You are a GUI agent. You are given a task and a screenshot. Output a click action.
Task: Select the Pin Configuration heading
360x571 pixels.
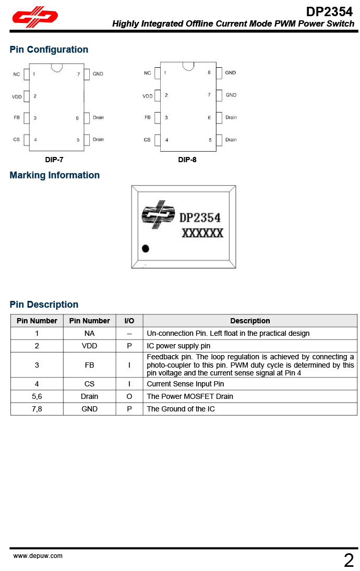49,50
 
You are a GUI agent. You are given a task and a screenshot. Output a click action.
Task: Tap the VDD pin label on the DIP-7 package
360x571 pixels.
17,96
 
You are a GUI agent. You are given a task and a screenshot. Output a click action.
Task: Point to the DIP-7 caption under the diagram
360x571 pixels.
54,160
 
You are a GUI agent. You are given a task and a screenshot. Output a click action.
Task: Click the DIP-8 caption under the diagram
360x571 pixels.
187,160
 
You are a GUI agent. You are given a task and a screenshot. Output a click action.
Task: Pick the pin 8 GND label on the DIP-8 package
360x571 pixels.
231,72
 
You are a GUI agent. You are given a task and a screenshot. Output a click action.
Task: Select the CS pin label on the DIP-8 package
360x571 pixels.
147,140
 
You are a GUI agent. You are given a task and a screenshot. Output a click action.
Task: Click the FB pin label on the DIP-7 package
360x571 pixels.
17,118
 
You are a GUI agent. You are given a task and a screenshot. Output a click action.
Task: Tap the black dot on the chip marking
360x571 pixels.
146,249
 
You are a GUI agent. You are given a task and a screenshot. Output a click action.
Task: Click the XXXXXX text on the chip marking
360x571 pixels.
202,233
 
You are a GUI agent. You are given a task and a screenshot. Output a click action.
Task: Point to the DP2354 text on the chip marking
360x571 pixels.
200,217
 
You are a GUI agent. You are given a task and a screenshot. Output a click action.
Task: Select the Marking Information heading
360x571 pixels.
55,175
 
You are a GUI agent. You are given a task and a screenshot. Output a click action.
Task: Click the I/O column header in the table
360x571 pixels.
129,321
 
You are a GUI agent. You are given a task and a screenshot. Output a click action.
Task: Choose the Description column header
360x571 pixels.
250,321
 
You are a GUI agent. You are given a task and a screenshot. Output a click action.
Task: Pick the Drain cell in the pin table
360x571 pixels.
89,396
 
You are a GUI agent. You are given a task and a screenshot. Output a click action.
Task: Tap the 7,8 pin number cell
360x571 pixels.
37,409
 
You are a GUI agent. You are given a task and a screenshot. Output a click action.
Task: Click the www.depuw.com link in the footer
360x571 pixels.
38,556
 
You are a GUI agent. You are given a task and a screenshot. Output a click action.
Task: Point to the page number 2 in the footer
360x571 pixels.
349,561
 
